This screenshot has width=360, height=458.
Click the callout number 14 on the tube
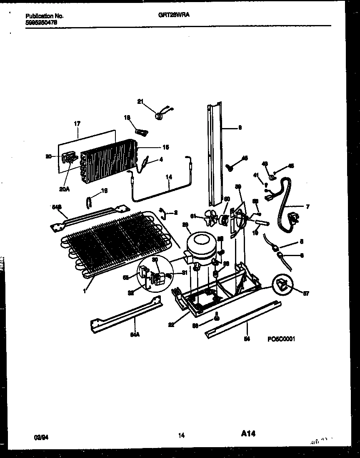click(x=168, y=177)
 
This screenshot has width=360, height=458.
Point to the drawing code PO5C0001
click(x=281, y=339)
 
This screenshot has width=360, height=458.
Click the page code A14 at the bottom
click(x=248, y=434)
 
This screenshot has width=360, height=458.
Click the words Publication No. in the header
click(x=44, y=16)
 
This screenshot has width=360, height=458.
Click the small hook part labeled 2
click(x=163, y=214)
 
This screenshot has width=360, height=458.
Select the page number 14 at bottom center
click(x=181, y=436)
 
